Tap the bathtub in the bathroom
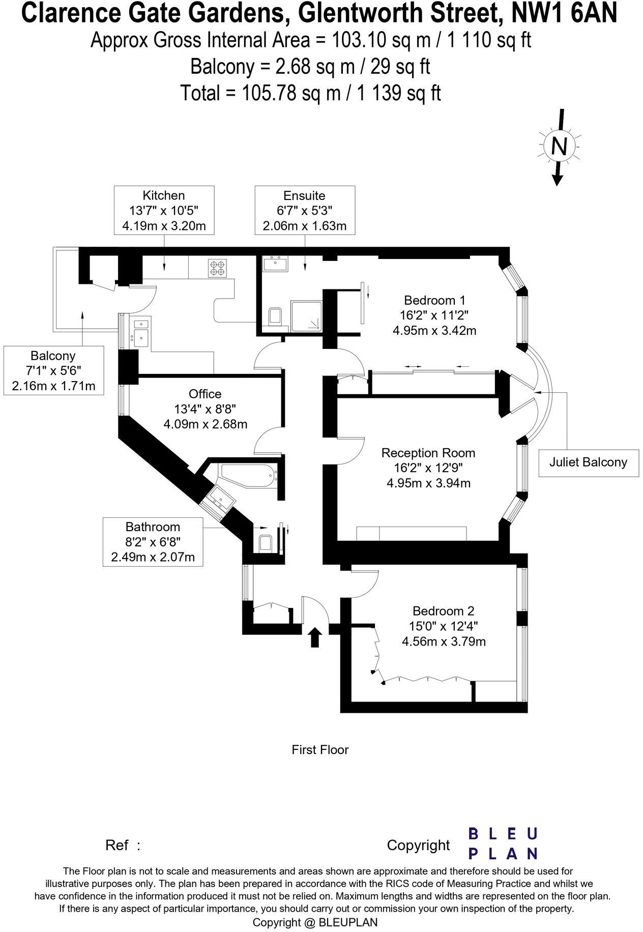click(x=250, y=474)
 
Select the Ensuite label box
click(x=305, y=210)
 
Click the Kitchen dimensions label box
click(x=164, y=210)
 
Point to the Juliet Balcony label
click(x=588, y=462)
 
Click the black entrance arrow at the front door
click(x=315, y=636)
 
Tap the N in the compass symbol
click(x=559, y=147)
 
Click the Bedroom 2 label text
click(x=444, y=611)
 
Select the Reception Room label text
click(x=428, y=453)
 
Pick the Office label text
click(x=205, y=394)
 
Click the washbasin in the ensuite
click(x=275, y=264)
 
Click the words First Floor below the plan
click(x=320, y=749)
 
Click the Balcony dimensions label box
click(x=53, y=370)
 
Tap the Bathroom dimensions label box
click(x=153, y=542)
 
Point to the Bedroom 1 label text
click(x=434, y=300)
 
